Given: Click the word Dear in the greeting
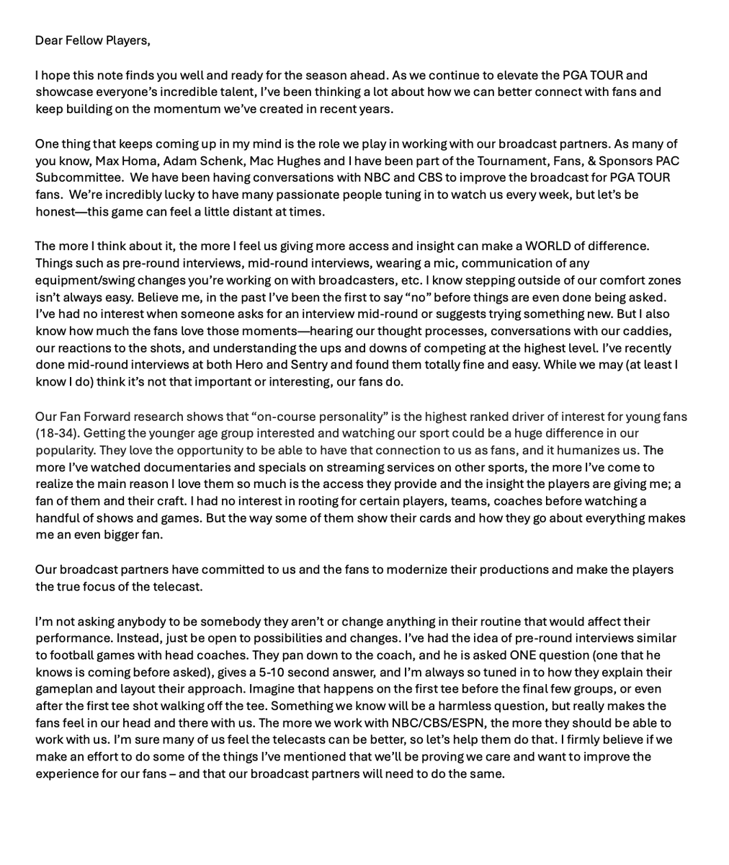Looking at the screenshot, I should point(49,40).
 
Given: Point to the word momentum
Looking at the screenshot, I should point(161,109).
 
